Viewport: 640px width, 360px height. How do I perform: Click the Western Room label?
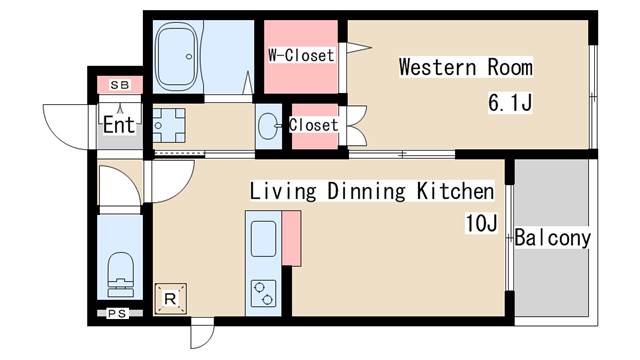[x=466, y=67]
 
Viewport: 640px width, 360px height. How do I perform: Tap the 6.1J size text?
[x=510, y=102]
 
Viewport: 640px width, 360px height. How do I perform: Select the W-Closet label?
[x=301, y=55]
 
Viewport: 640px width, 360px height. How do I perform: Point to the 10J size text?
[x=481, y=223]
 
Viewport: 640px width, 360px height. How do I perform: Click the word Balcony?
[x=552, y=238]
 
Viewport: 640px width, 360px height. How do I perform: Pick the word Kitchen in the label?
[x=455, y=191]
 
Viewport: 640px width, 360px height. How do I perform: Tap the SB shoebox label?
[x=120, y=85]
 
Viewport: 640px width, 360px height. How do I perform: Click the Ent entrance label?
[x=119, y=124]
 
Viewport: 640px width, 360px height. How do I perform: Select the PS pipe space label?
[x=118, y=313]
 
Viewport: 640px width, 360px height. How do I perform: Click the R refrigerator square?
[x=171, y=299]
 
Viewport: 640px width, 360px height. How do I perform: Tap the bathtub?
[x=178, y=57]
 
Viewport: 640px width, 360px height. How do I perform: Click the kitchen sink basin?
[x=263, y=239]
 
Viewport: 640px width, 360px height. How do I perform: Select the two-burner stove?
[x=263, y=293]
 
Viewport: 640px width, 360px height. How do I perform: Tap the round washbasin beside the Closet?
[x=268, y=126]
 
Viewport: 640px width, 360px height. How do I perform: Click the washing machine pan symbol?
[x=169, y=125]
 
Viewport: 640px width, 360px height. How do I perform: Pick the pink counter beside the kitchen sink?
[x=291, y=238]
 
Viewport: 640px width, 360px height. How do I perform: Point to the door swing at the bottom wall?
[x=202, y=333]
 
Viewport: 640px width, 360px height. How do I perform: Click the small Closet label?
[x=313, y=125]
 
